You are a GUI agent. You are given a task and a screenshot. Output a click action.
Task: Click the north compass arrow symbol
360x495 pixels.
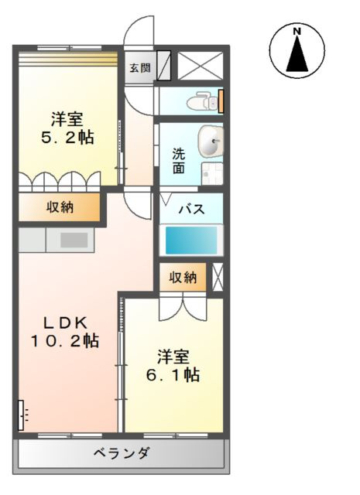pos(297,54)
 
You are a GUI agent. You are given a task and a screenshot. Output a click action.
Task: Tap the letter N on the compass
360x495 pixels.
pos(297,31)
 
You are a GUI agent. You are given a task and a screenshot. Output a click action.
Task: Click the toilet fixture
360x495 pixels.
pos(204,101)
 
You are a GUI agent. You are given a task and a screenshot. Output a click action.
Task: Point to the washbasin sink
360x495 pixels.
pos(210,142)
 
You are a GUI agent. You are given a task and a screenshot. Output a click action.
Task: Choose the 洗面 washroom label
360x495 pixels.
pos(178,159)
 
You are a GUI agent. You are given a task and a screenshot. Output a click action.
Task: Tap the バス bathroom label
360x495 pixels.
pos(192,208)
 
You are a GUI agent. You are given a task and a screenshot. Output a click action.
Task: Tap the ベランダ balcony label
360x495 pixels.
pos(122,453)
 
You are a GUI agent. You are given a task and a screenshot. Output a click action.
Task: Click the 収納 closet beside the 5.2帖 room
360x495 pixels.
pos(60,207)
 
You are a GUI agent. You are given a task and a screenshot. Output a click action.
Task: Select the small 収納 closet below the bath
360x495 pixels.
pos(183,278)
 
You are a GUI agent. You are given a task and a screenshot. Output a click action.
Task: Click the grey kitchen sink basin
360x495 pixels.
pos(74,240)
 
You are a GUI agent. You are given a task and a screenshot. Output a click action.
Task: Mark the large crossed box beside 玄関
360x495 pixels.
pos(201,67)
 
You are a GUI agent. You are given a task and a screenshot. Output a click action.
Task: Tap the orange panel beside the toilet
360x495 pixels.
pos(221,101)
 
